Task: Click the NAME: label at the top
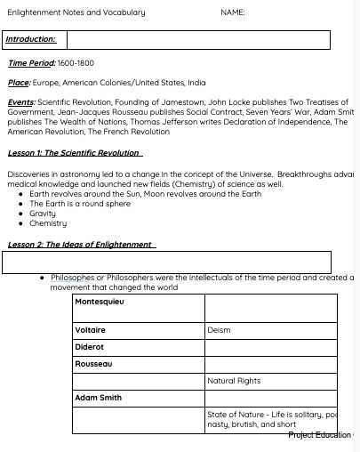click(233, 12)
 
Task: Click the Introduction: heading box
click(31, 39)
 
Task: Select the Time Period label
click(31, 63)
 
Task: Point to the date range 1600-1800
click(76, 63)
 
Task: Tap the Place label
click(19, 83)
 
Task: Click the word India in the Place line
click(196, 83)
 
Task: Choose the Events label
click(21, 102)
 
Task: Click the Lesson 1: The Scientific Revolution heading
click(75, 153)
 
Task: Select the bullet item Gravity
click(43, 214)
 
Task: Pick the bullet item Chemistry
click(48, 223)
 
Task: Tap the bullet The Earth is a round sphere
click(80, 204)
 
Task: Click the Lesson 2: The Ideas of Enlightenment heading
click(81, 245)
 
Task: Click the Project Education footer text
click(322, 435)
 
